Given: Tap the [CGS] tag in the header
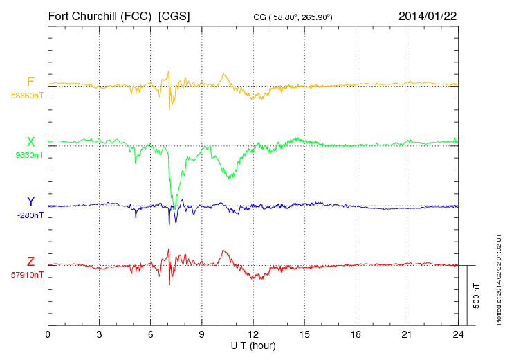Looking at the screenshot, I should point(174,15).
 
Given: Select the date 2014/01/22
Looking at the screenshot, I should point(428,15).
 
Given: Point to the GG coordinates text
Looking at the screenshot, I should point(293,16).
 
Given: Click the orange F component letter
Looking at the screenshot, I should point(30,82).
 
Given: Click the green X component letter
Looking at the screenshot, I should point(30,143).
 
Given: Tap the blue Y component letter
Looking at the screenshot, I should point(30,201).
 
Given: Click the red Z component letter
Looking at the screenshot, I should point(30,261).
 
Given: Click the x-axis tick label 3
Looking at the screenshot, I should point(99,335).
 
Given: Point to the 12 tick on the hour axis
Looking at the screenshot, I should point(253,335).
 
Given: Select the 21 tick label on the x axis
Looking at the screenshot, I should point(407,335).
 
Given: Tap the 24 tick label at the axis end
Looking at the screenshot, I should point(458,335).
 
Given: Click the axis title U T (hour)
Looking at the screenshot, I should point(253,345).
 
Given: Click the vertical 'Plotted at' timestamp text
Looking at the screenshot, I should point(498,280).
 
